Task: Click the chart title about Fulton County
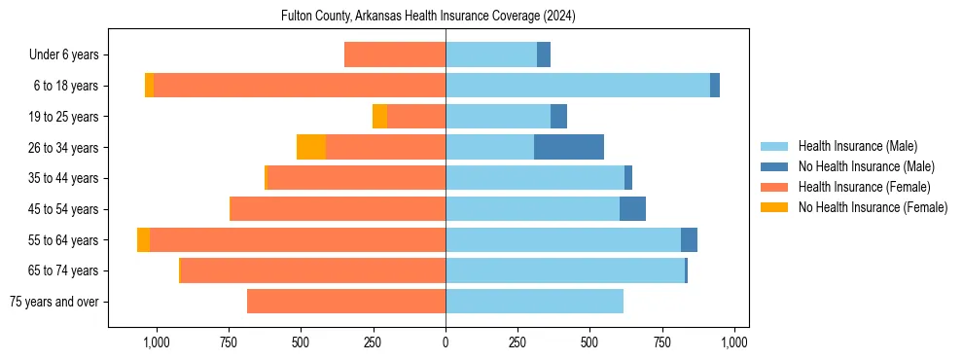click(428, 17)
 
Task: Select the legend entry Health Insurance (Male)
click(857, 146)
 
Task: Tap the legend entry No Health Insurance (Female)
click(873, 207)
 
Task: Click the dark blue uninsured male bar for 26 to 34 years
click(569, 147)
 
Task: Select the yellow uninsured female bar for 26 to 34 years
click(311, 147)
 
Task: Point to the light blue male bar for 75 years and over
click(534, 302)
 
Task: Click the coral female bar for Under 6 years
click(395, 54)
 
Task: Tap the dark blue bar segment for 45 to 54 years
click(632, 209)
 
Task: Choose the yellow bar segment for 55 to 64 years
click(144, 240)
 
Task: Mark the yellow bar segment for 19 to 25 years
click(379, 117)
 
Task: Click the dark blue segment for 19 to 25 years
click(558, 117)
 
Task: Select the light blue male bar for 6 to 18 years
click(578, 86)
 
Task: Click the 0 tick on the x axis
click(446, 342)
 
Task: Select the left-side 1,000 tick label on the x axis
click(157, 342)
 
